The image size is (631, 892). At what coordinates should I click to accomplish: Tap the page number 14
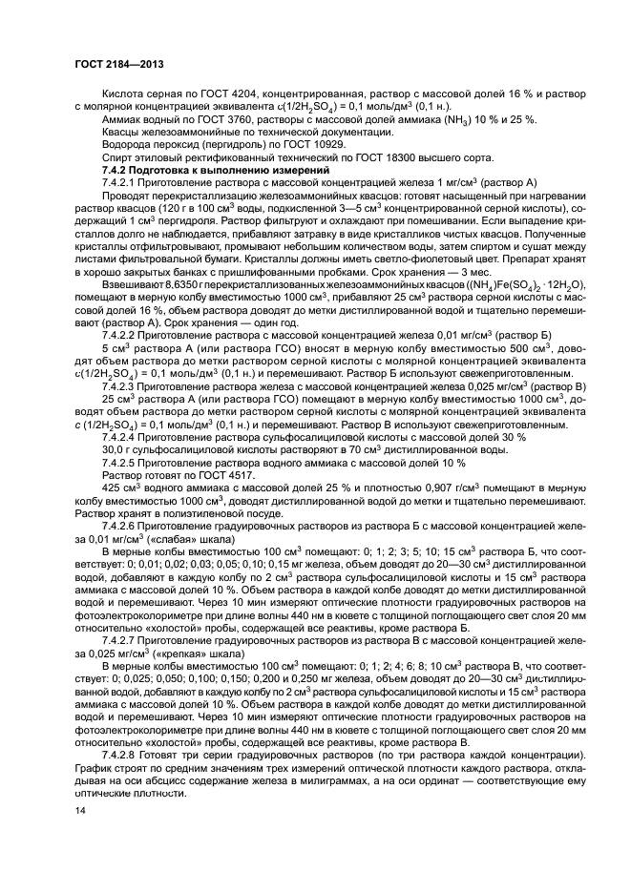[x=79, y=810]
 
